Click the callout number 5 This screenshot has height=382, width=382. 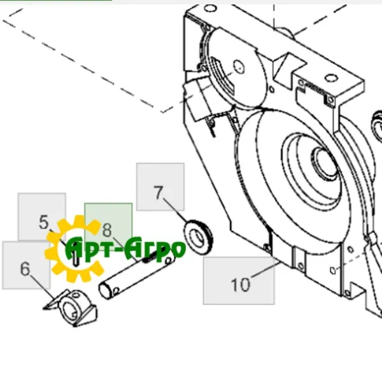point(44,222)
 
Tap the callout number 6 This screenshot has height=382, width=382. point(25,269)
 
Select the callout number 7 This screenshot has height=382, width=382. point(159,193)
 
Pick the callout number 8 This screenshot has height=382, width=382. point(107,230)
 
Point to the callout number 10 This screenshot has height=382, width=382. point(241,285)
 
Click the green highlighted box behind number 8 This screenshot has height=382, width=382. point(108,226)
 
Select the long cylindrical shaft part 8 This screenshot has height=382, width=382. point(136,274)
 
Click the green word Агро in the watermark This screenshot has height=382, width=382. point(156,248)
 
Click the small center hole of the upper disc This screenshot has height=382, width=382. point(239,67)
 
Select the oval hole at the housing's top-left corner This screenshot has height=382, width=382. point(209,8)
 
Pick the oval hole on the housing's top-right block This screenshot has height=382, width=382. point(330,78)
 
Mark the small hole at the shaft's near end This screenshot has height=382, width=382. point(116,291)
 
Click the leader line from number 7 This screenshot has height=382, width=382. point(176,211)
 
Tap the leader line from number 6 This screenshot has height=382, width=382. point(41,288)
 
